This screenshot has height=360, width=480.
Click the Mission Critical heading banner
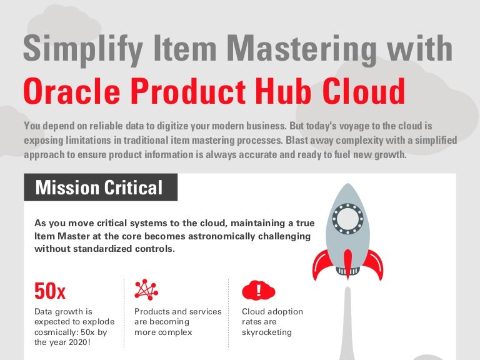(x=100, y=187)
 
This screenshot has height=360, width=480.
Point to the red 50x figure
(x=49, y=291)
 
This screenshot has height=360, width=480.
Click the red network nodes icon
(x=146, y=289)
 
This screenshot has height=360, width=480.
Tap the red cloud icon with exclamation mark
(x=258, y=289)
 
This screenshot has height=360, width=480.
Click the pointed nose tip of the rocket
(x=347, y=186)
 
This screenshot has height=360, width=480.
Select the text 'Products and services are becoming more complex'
(x=177, y=321)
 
